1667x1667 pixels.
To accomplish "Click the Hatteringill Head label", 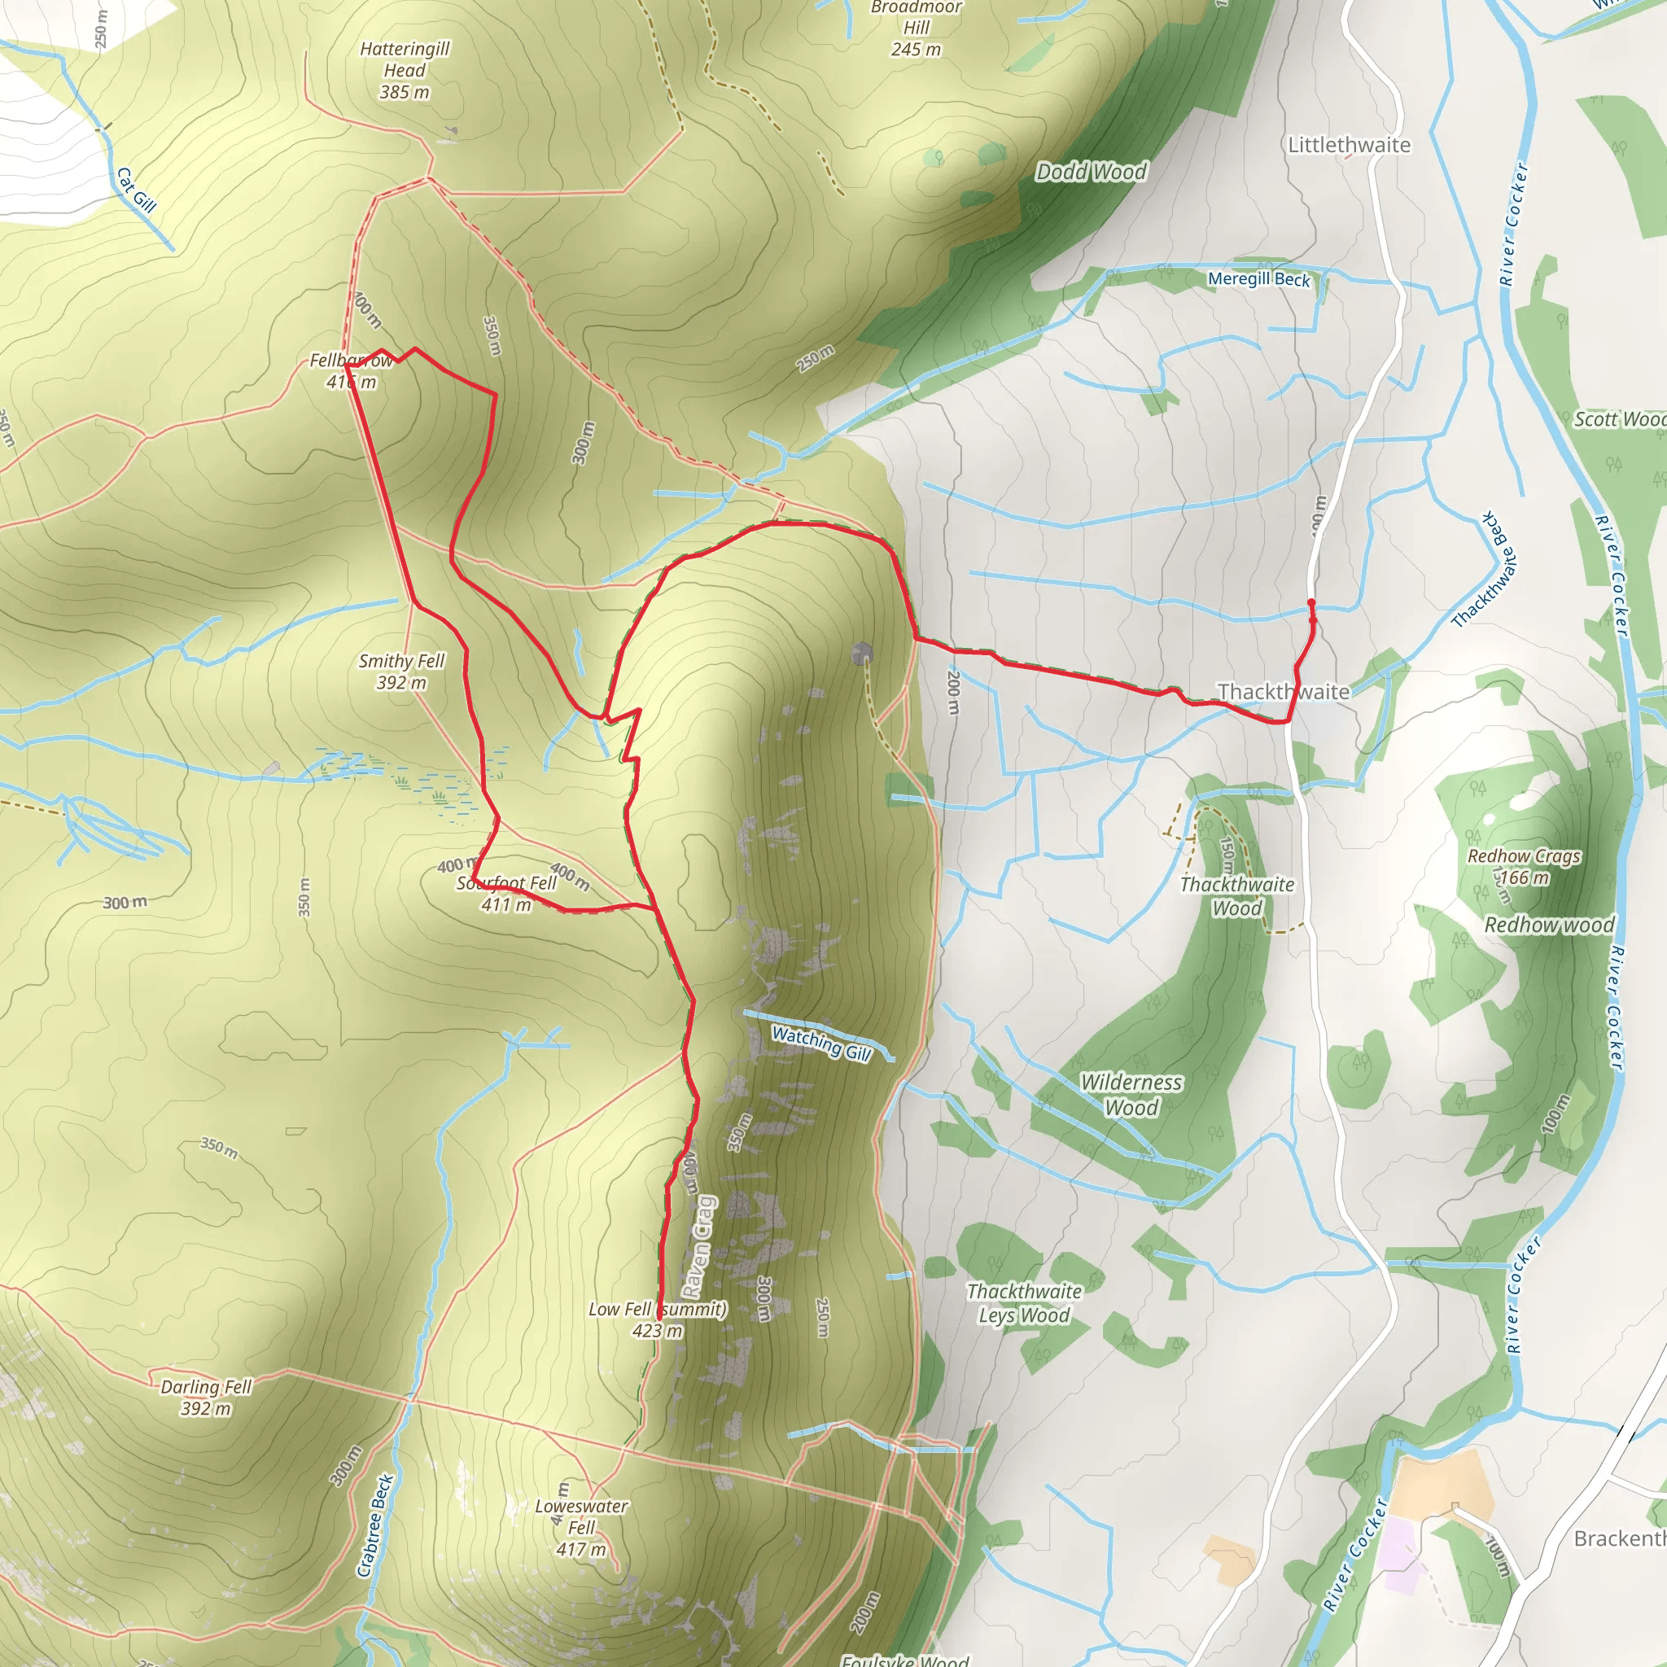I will pos(404,71).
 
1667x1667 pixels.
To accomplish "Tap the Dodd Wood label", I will pos(1091,172).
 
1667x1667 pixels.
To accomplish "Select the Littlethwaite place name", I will pos(1349,145).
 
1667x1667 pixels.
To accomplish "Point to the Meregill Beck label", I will pos(1258,278).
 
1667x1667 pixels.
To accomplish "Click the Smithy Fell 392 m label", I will pos(401,672).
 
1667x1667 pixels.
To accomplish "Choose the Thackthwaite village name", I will pos(1283,691).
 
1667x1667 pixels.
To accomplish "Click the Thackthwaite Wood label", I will pos(1236,895).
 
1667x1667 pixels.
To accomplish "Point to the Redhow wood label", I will pos(1549,925).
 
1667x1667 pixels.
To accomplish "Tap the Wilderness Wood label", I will pos(1131,1094).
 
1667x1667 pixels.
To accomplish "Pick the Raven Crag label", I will pos(699,1246).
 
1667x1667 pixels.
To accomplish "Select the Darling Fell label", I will pos(205,1397).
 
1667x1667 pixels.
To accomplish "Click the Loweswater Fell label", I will pos(580,1527).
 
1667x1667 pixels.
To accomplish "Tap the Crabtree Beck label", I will pos(375,1525).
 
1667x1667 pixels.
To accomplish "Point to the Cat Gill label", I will pos(136,190).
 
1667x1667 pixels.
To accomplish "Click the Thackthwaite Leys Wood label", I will pos(1024,1303).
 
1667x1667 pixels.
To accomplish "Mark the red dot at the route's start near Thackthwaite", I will pos(1310,603).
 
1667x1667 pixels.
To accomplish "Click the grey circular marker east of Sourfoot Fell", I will pos(861,653).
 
